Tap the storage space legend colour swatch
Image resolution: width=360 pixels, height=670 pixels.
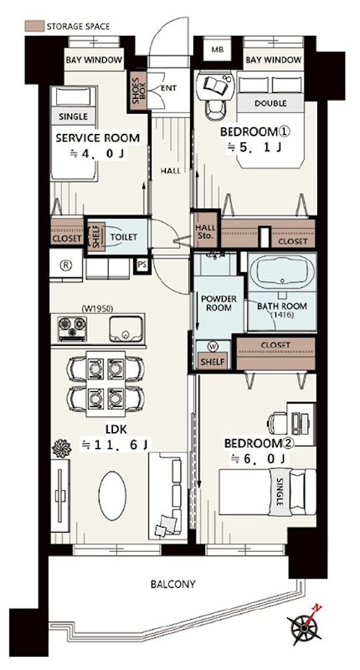coord(34,26)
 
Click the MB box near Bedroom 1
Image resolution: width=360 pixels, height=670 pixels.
coord(217,49)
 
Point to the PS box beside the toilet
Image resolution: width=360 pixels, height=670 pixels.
coord(141,265)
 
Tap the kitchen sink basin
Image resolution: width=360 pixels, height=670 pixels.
coord(126,328)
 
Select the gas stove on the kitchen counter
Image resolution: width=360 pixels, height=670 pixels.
coord(72,328)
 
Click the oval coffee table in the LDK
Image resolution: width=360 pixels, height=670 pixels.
coord(112,496)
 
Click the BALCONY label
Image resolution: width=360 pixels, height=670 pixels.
coord(173,584)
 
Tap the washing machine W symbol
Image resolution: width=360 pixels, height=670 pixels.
coord(213,346)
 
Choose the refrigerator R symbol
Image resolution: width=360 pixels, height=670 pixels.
coord(67,265)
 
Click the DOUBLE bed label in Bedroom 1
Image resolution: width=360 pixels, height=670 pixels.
coord(270,103)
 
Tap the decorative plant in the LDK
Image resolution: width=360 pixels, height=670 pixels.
coord(60,449)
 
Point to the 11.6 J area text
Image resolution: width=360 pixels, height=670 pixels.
coord(116,446)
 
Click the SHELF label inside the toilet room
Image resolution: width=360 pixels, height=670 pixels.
coord(96,236)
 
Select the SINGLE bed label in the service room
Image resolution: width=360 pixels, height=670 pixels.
coord(73,116)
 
